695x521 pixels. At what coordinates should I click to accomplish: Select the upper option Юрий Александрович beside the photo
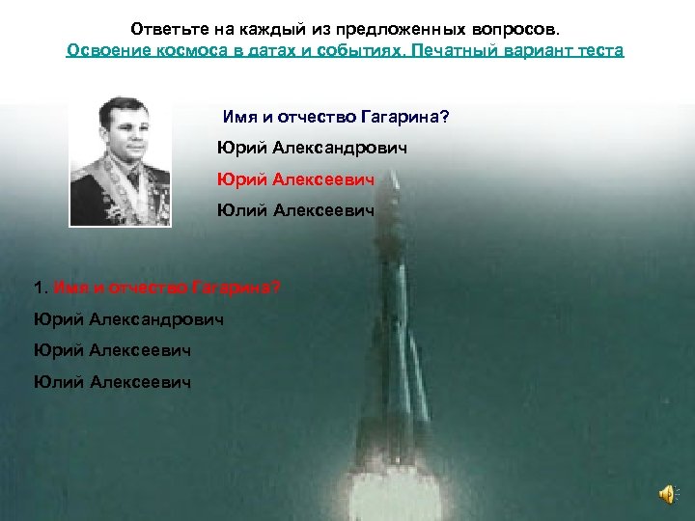(x=312, y=149)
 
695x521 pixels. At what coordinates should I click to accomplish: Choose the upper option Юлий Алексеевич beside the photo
(x=294, y=209)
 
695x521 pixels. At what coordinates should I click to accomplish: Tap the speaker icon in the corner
(x=667, y=493)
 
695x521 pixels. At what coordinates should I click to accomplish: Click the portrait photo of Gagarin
(x=120, y=163)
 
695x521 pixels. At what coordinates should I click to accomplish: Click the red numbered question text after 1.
(x=168, y=288)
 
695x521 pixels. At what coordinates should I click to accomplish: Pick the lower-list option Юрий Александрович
(x=128, y=318)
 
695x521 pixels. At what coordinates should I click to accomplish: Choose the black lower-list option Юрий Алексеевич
(x=111, y=350)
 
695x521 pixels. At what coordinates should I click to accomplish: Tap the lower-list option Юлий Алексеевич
(x=111, y=382)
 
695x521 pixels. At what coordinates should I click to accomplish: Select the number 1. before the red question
(x=41, y=288)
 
